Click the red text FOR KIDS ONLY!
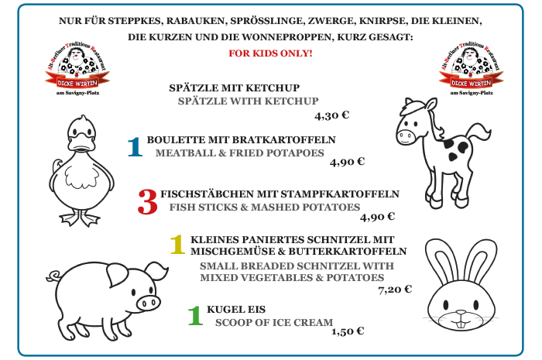(270, 53)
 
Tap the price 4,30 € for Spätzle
(332, 115)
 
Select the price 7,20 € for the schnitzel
(395, 290)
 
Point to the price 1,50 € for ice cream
(348, 331)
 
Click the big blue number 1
(135, 147)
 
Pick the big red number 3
(148, 202)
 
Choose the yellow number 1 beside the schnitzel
(177, 245)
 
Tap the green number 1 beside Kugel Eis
(195, 315)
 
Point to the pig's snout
(149, 303)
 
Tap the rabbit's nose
(461, 312)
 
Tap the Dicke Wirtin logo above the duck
(77, 69)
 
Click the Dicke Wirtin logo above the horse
(471, 69)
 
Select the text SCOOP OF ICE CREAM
(274, 323)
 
